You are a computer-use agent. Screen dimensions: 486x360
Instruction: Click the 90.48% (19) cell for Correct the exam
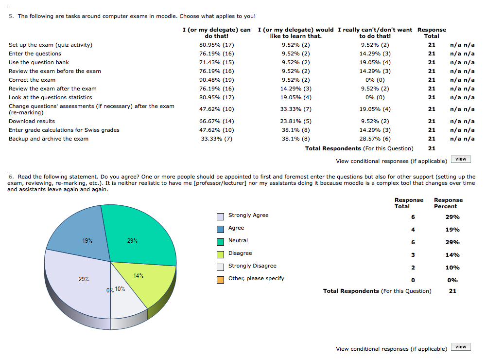tap(216, 80)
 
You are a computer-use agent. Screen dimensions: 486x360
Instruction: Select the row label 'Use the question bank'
tap(39, 62)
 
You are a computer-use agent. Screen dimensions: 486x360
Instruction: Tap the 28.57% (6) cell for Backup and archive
tap(375, 139)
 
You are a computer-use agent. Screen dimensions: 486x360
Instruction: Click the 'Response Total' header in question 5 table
tap(432, 33)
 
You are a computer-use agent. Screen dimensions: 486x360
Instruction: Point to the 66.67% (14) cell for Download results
tap(216, 121)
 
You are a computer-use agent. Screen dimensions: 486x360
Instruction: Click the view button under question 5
tap(461, 159)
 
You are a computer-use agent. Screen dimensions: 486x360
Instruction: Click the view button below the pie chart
tap(461, 347)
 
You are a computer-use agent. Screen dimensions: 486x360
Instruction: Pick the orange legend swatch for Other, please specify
tap(220, 280)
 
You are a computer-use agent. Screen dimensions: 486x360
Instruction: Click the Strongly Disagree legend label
tap(252, 266)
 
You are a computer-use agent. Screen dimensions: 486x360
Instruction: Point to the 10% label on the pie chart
tap(120, 289)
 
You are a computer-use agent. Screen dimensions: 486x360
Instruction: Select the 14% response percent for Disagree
tap(452, 255)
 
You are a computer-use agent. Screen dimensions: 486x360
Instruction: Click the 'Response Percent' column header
tap(448, 203)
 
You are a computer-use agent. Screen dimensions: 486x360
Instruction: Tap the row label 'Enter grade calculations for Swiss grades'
tap(64, 130)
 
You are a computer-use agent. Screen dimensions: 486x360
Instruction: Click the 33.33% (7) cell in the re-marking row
tap(295, 109)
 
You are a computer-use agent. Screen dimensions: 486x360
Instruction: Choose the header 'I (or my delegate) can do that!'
tap(216, 33)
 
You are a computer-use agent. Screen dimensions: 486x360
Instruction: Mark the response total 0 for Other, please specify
tap(413, 280)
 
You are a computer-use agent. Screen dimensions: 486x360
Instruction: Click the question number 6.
tap(11, 177)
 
